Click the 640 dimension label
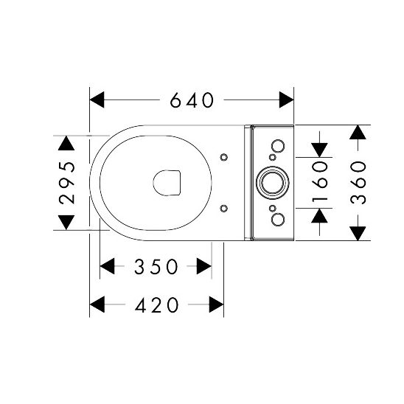click(x=192, y=100)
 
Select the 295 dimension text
click(x=67, y=183)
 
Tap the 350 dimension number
click(x=156, y=266)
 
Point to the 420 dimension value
click(x=156, y=304)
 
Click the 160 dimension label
click(x=320, y=182)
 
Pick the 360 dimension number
click(x=358, y=183)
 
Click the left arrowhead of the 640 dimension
click(x=97, y=100)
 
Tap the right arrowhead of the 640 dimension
click(x=287, y=100)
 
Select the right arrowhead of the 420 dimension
click(x=217, y=304)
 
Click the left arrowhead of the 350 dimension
click(x=107, y=266)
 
